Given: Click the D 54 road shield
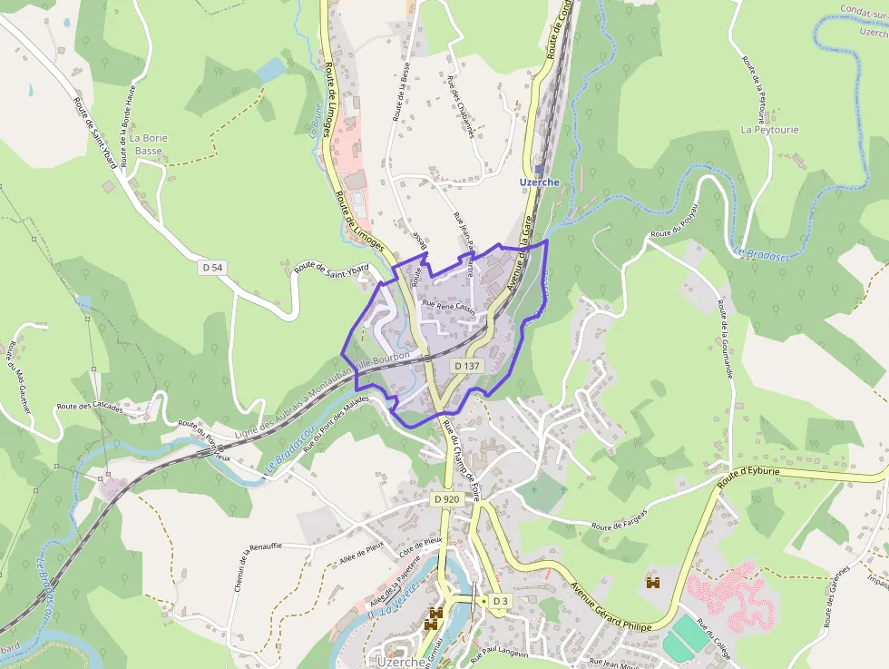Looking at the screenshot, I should tap(212, 267).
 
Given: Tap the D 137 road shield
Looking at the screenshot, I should tap(466, 365).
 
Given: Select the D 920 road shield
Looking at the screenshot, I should tap(446, 498).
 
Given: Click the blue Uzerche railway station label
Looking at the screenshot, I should tap(539, 182).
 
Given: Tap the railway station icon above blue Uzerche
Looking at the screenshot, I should tap(539, 169).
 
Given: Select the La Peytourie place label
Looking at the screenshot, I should tap(769, 130).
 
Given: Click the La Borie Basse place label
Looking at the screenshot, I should tap(149, 144).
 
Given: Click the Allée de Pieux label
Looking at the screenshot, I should tap(362, 550).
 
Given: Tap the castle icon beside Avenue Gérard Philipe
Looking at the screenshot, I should tap(652, 582).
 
